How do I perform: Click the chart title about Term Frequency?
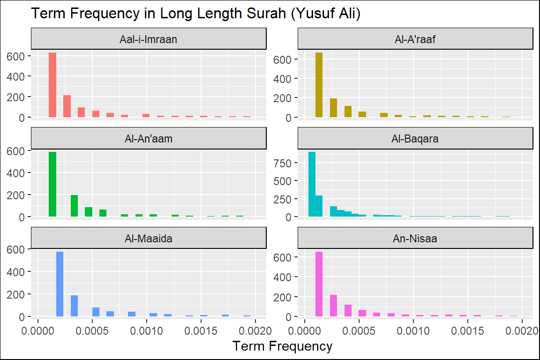tap(195, 14)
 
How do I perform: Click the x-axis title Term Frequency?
tap(282, 346)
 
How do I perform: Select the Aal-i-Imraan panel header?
tap(149, 39)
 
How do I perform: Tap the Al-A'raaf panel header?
tap(415, 39)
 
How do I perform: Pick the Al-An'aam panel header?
tap(149, 139)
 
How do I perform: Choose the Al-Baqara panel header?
tap(415, 139)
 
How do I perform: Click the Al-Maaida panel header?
tap(149, 238)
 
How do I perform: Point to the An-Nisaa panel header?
tap(415, 238)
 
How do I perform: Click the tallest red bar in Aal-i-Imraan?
tap(52, 85)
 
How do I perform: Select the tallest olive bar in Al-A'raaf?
tap(319, 85)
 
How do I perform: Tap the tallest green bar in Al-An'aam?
tap(52, 185)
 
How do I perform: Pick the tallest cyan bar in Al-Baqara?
tap(312, 185)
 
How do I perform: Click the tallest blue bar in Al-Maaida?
tap(60, 284)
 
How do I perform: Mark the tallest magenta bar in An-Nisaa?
tap(319, 284)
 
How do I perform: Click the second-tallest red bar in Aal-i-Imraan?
tap(67, 106)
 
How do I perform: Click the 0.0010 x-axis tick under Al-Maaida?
tap(147, 330)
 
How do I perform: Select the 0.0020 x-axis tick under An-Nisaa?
tap(522, 330)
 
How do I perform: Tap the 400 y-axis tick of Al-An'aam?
tap(19, 172)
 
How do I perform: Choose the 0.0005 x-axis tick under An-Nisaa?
tap(359, 330)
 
